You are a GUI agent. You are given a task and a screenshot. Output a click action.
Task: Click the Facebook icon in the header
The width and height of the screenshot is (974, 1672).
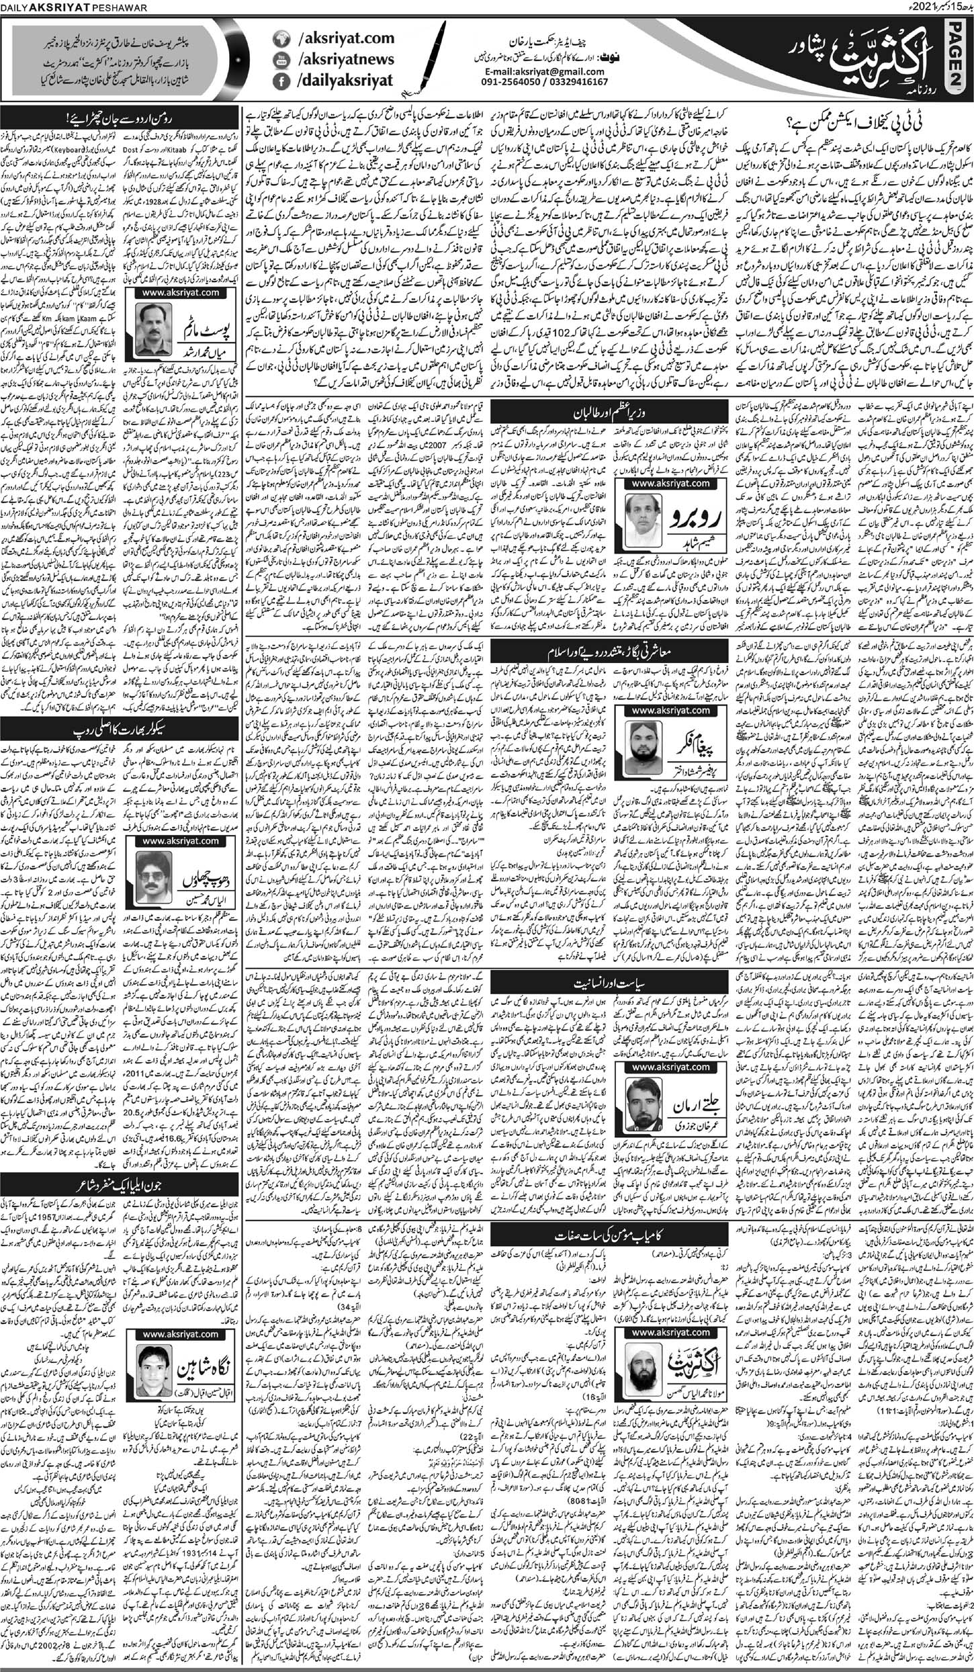pyautogui.click(x=278, y=83)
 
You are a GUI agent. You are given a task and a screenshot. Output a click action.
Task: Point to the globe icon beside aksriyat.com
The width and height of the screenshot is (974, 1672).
pyautogui.click(x=278, y=39)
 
